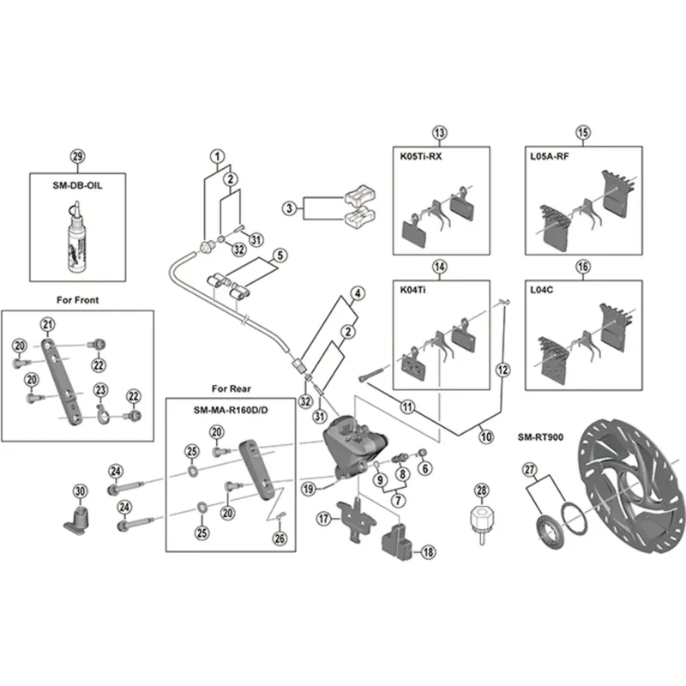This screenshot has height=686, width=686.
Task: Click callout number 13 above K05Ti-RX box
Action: (x=440, y=133)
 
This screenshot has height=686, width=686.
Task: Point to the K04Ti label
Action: (x=416, y=291)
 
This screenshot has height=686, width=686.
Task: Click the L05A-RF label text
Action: (x=550, y=158)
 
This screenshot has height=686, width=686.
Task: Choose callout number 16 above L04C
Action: (x=584, y=268)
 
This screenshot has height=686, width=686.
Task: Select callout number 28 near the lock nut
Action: (x=481, y=490)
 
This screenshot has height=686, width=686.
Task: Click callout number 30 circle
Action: (x=81, y=491)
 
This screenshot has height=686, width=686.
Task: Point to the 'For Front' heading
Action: (x=77, y=300)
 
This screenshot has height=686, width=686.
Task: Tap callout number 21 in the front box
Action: (x=47, y=323)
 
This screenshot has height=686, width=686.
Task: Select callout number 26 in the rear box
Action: (x=279, y=539)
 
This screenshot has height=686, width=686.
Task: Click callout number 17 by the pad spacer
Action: (x=323, y=519)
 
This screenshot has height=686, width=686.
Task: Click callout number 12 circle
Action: (x=503, y=370)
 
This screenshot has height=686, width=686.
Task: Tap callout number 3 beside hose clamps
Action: (x=290, y=208)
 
